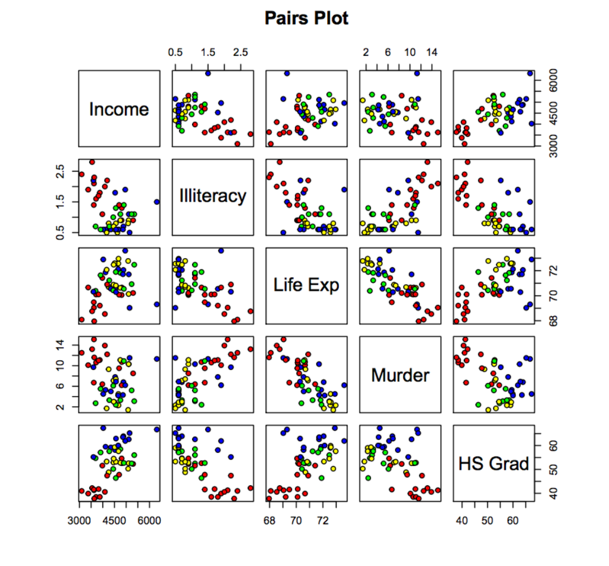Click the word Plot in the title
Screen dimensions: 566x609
click(331, 18)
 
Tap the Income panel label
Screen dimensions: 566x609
click(119, 109)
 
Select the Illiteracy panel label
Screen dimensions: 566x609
click(212, 196)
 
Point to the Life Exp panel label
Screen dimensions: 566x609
click(306, 285)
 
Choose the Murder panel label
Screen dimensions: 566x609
click(400, 375)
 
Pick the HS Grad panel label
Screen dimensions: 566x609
click(494, 464)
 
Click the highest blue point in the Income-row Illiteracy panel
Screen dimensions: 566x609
click(208, 73)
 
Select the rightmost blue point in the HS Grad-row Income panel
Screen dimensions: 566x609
click(157, 429)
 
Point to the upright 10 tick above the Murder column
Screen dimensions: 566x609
click(410, 53)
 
